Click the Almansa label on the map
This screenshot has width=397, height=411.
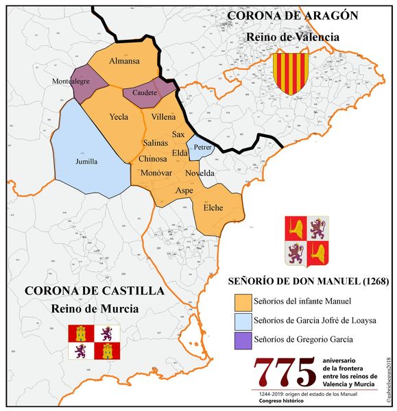coord(124,61)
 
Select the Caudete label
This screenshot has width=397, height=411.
coord(145,92)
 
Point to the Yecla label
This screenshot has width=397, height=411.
coord(119,117)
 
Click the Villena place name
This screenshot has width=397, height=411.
coord(164,117)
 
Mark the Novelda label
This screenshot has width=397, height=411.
coord(200,173)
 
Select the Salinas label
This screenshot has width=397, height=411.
coord(156,143)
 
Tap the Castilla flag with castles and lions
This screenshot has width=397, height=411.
coord(94,342)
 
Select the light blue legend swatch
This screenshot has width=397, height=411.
coord(239,320)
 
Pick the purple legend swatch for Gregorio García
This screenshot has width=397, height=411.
coord(239,338)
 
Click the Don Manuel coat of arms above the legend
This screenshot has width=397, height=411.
coord(306,241)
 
